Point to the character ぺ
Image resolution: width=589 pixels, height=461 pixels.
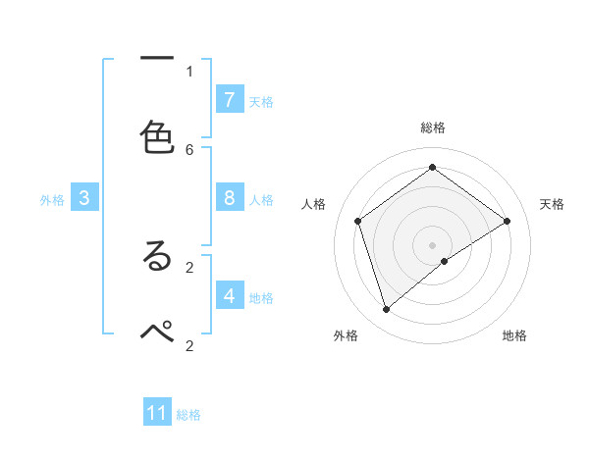[157, 332]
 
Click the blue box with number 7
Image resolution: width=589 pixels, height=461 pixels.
[229, 100]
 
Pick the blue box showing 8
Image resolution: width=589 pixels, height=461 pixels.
[229, 198]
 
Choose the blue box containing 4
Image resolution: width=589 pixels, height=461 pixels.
[229, 295]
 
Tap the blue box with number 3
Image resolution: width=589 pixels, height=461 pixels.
[84, 198]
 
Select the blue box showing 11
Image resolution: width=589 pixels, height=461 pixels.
[157, 413]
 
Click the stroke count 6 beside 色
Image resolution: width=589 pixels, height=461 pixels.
[189, 149]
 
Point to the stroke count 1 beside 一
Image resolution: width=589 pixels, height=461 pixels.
[189, 71]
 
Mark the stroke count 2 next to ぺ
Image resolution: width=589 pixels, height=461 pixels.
[189, 345]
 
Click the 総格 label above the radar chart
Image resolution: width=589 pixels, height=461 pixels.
[433, 128]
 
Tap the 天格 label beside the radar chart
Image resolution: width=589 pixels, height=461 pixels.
[552, 204]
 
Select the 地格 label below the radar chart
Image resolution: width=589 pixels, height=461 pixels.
[514, 335]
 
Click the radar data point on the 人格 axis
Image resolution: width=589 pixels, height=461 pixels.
[358, 221]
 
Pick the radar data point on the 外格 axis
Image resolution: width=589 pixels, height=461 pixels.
[386, 310]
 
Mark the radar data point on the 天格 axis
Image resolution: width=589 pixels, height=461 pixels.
[507, 221]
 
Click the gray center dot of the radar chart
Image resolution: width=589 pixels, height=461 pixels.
[433, 244]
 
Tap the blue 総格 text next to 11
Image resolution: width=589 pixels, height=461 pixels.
[188, 415]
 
